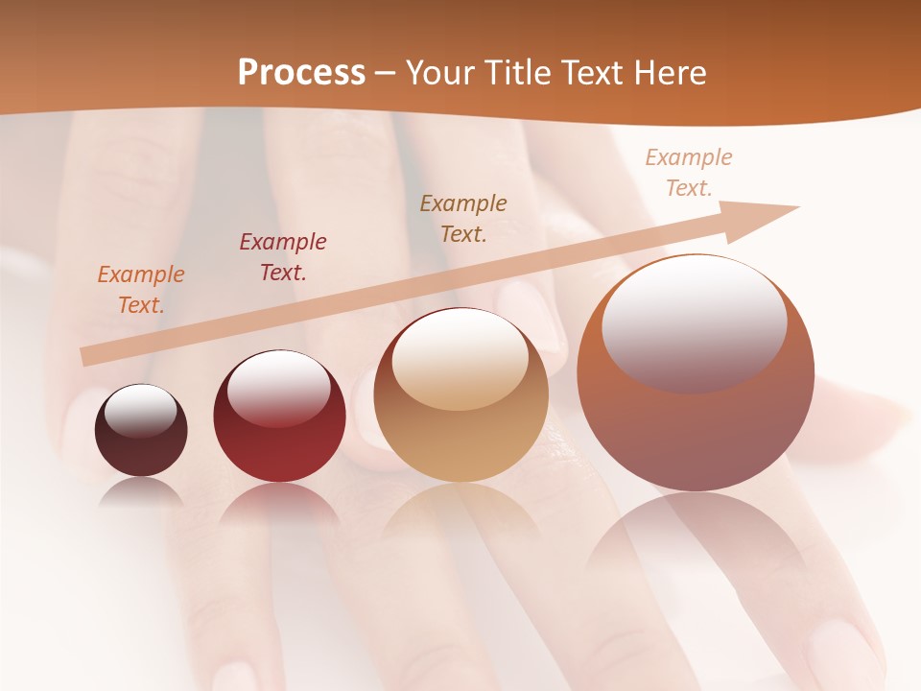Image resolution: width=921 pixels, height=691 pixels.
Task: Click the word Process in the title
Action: click(x=301, y=72)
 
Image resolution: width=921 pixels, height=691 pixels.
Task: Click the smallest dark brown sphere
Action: click(x=141, y=431)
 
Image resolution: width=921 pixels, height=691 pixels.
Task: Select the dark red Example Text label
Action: click(x=283, y=257)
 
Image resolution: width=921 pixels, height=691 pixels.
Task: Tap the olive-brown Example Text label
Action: click(x=463, y=219)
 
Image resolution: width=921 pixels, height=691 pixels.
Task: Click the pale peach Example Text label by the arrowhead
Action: click(x=689, y=173)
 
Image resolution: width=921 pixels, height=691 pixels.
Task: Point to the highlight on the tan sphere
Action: click(x=460, y=360)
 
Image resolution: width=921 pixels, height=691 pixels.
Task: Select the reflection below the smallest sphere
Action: click(x=141, y=491)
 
